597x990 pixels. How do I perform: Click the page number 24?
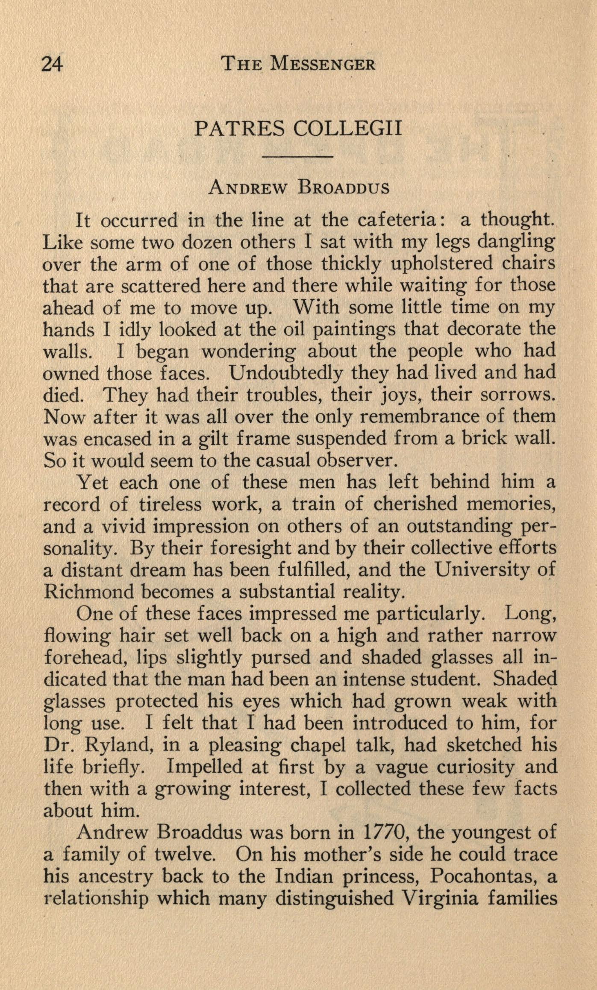point(52,64)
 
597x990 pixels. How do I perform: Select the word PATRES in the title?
point(239,128)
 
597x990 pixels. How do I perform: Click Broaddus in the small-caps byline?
point(344,188)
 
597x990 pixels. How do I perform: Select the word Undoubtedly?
point(286,373)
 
